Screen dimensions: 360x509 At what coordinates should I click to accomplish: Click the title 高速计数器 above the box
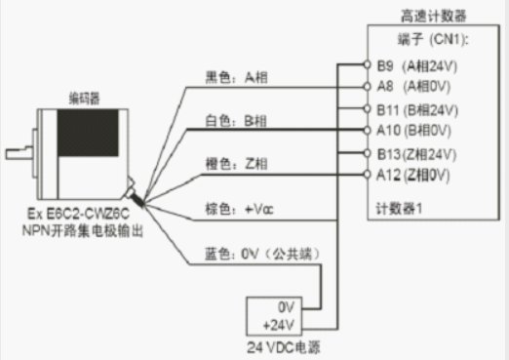(x=434, y=16)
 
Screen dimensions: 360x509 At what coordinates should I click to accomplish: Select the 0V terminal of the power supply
(x=287, y=304)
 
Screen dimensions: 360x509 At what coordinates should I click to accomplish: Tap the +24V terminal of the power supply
(x=283, y=322)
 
